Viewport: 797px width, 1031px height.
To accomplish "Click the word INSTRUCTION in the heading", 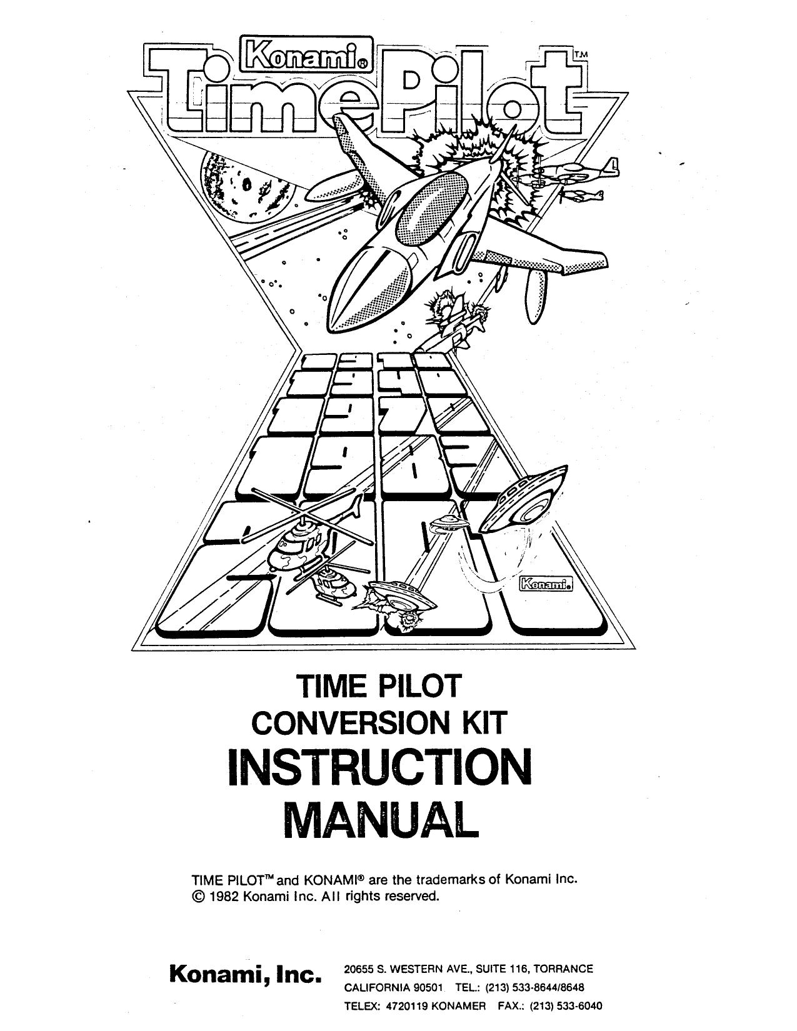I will (x=379, y=767).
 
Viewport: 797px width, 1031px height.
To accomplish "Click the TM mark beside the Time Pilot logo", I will (x=580, y=54).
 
